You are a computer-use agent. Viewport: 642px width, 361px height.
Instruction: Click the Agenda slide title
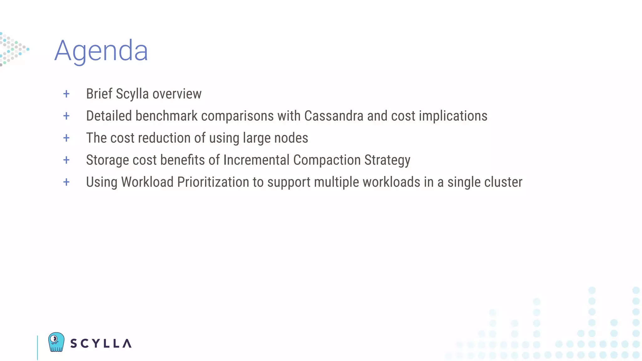point(101,51)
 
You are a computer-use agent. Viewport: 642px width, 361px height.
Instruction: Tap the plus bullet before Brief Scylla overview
point(66,94)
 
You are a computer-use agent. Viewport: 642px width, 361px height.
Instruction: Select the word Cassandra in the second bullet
point(334,116)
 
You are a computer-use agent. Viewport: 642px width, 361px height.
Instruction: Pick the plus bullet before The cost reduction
point(66,138)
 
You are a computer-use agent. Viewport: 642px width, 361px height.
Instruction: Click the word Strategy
point(387,160)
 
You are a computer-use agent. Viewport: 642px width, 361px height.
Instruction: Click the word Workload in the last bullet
point(147,182)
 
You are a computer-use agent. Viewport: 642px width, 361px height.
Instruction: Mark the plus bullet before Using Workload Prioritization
point(66,182)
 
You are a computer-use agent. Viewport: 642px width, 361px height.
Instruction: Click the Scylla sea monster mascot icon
point(56,342)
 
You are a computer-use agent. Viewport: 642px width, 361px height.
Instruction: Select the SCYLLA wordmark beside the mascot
point(101,343)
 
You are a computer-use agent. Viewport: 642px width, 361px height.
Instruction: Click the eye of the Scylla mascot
point(54,339)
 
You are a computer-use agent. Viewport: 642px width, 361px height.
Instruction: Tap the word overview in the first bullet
point(177,94)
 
